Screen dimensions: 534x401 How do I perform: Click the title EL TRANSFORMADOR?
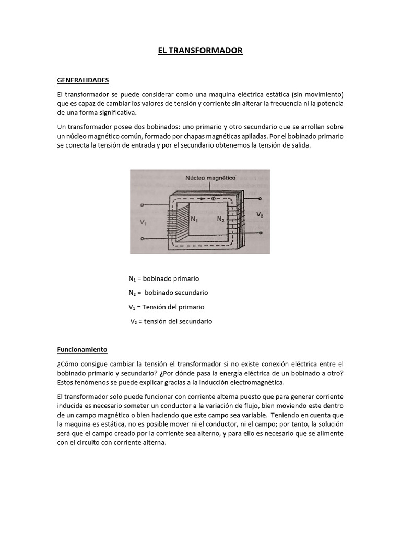pyautogui.click(x=200, y=51)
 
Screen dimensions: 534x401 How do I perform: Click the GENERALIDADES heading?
pyautogui.click(x=82, y=81)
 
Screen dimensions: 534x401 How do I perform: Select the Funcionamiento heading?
pyautogui.click(x=82, y=349)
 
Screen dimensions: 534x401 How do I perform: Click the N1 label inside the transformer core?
pyautogui.click(x=194, y=220)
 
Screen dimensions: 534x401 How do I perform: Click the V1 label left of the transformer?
pyautogui.click(x=144, y=222)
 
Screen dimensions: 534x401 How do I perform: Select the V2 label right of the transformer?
pyautogui.click(x=260, y=214)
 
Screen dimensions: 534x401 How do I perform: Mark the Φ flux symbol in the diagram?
pyautogui.click(x=211, y=198)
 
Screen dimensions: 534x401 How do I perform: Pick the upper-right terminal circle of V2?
pyautogui.click(x=261, y=199)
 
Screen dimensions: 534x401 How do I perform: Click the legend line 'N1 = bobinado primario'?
pyautogui.click(x=164, y=278)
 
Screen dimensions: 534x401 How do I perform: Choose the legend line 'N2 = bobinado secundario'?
pyautogui.click(x=168, y=293)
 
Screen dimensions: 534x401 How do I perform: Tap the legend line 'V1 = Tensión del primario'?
pyautogui.click(x=167, y=307)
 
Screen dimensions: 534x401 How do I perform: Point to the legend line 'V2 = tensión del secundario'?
pyautogui.click(x=171, y=321)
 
